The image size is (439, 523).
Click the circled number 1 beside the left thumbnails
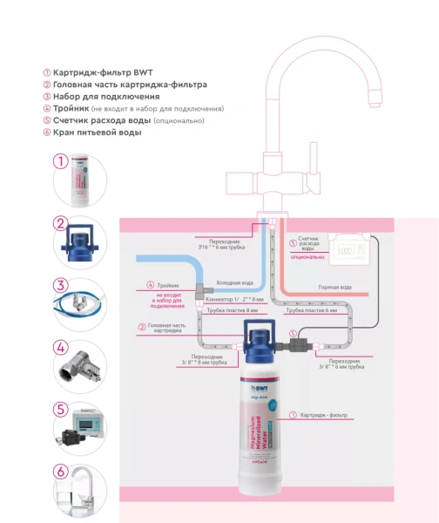point(60,160)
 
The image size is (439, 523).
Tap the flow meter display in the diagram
point(349,251)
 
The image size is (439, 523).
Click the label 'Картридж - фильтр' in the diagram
point(323,415)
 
